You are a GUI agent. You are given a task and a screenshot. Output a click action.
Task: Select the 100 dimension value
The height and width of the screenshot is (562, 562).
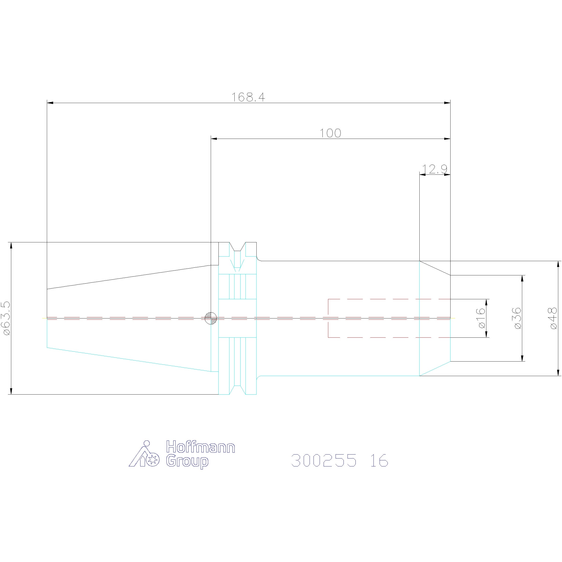pyautogui.click(x=330, y=133)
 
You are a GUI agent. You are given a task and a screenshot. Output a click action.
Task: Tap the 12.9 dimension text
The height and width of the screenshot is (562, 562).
pyautogui.click(x=435, y=169)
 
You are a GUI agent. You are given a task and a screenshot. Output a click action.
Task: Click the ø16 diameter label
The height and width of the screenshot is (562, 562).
pyautogui.click(x=482, y=318)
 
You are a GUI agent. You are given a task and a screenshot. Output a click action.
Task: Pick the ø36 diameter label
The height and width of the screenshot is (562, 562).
pyautogui.click(x=518, y=318)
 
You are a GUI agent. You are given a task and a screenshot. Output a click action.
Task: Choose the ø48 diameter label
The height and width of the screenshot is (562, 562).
pyautogui.click(x=554, y=318)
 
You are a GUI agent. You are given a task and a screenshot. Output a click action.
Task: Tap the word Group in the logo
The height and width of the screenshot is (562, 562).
pyautogui.click(x=187, y=462)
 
